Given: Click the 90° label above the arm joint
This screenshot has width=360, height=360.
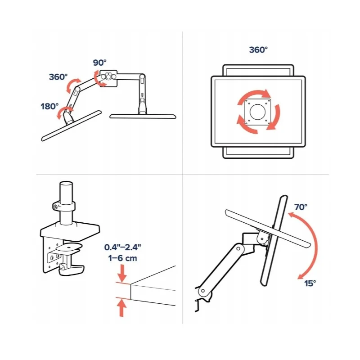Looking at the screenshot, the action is pos(99,63).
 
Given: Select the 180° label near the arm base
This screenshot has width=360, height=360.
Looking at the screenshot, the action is pos(49,107).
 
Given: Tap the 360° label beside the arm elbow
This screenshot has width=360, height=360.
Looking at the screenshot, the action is pos(58,76).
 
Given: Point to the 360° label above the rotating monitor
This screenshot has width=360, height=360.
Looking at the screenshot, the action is pos(258,49).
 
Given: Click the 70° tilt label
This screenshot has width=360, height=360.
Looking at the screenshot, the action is pos(301,207).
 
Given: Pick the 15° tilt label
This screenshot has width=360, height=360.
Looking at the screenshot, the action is pos(310,283).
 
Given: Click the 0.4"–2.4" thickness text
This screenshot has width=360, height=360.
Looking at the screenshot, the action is pos(122,247).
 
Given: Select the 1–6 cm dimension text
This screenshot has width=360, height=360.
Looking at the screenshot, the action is pos(122,258).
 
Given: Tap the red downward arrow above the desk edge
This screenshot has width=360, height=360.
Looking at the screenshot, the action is pos(122,274).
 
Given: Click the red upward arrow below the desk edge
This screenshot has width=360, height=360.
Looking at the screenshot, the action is pos(121,308).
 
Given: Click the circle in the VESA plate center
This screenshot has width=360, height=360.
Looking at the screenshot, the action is pos(257,112).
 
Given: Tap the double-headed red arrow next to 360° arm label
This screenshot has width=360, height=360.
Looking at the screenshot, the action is pos(73,85).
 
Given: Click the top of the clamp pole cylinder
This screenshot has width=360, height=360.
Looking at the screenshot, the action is pos(66,184).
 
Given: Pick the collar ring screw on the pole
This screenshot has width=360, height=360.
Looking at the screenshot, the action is pos(55,207).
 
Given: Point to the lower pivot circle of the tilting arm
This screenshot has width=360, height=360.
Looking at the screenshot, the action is pos(203,291).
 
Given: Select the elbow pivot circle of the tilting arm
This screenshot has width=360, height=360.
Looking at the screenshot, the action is pos(238,249).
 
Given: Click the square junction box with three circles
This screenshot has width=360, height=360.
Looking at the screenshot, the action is pos(108,78).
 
